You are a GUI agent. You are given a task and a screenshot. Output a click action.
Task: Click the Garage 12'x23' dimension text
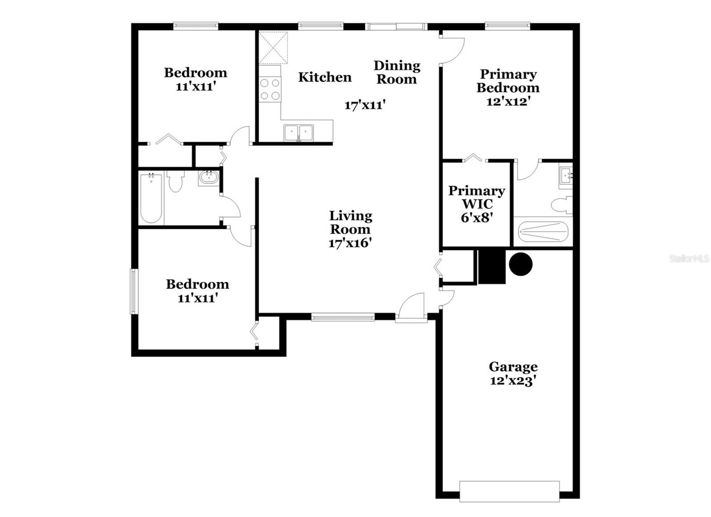point(513,381)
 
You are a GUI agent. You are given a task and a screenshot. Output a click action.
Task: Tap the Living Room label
point(350,222)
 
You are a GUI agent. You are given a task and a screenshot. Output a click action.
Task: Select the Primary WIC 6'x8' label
point(476,204)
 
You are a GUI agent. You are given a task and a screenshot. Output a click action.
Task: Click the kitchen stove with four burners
point(270,89)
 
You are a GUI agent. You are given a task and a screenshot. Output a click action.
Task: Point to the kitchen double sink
point(299,132)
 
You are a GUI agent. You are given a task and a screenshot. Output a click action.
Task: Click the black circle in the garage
point(520,265)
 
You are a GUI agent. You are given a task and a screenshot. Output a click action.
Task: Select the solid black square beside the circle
point(492,266)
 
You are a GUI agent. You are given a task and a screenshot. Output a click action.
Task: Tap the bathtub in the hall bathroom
point(151,198)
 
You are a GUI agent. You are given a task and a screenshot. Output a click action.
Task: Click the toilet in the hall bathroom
point(176,181)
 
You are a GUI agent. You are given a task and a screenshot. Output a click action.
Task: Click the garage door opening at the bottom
point(509,491)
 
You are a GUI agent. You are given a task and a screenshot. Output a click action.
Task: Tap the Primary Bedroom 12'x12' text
point(508,88)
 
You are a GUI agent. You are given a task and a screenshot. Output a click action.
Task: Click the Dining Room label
point(396,72)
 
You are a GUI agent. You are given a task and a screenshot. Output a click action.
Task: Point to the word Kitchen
point(324,77)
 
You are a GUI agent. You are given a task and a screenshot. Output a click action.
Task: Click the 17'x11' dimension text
point(364,105)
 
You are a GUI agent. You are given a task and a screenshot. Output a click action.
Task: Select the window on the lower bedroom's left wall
point(133,291)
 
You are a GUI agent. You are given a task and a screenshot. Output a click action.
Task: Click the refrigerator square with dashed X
point(273,48)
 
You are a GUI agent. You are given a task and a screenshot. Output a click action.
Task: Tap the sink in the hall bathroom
point(208,178)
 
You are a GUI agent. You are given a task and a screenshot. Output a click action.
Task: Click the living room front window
point(343,317)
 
